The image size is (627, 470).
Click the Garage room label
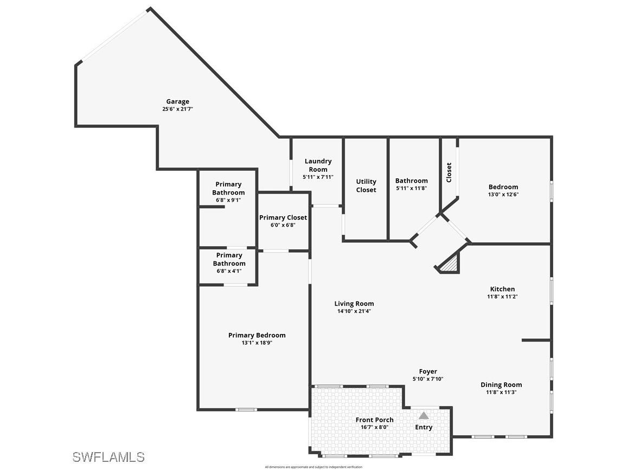[x=177, y=101]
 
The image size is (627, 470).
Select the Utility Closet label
[x=366, y=185]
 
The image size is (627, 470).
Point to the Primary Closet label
[x=283, y=217]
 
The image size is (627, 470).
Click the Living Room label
[x=354, y=304]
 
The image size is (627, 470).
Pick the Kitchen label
[x=502, y=289]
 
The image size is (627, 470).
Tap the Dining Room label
[x=501, y=385]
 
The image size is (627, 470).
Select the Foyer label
[x=428, y=371]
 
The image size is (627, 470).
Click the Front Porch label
[x=374, y=420]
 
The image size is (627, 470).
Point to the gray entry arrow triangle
[x=424, y=416]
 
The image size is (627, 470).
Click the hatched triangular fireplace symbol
[x=450, y=264]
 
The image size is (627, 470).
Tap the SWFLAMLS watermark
[x=108, y=457]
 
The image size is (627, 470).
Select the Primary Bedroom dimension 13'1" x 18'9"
[x=257, y=343]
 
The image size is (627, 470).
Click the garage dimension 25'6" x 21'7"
[x=177, y=109]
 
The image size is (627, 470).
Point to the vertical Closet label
[x=449, y=172]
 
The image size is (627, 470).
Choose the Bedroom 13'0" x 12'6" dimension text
[x=503, y=195]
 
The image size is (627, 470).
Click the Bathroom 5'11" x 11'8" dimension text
[x=411, y=188]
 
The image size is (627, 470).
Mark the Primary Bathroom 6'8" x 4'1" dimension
[x=228, y=271]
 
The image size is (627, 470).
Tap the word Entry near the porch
[x=424, y=427]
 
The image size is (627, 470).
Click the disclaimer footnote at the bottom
[x=313, y=467]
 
